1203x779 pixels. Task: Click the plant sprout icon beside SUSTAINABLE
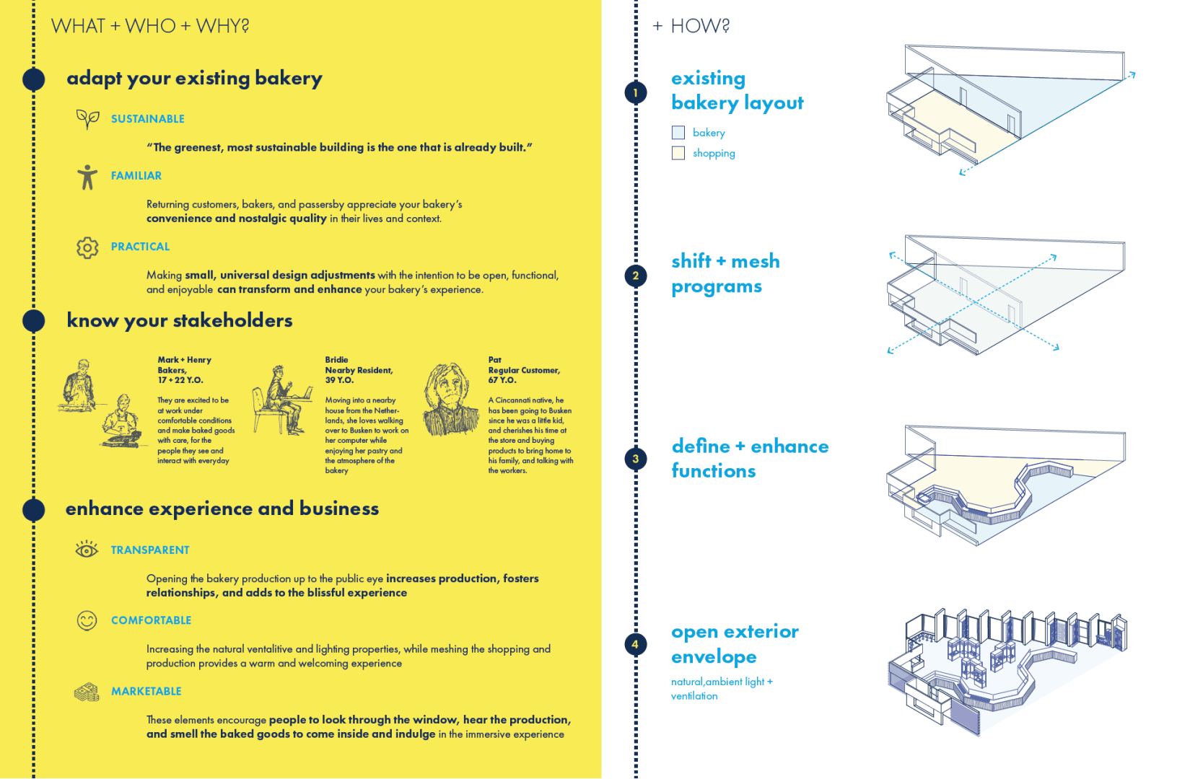coord(87,118)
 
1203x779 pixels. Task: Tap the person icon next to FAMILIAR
coord(87,177)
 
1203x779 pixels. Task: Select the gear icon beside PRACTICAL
coord(87,247)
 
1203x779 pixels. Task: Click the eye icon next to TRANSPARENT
coord(87,550)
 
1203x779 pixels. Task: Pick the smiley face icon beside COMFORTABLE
coord(87,620)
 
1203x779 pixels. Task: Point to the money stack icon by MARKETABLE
coord(87,692)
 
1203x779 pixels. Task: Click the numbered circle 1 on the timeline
coord(635,92)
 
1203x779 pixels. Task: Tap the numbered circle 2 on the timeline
coord(635,276)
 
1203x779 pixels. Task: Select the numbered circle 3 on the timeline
coord(635,459)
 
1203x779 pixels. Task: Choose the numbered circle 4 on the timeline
coord(635,644)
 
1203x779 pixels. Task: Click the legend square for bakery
coord(678,133)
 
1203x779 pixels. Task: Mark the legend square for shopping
coord(678,153)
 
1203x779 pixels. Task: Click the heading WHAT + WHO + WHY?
coord(150,26)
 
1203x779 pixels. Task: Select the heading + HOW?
coord(691,26)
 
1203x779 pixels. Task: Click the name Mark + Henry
coord(184,360)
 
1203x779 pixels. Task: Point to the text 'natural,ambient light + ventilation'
coord(721,689)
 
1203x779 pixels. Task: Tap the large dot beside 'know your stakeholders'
coord(34,320)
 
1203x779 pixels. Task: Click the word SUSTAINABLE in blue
coord(147,119)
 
